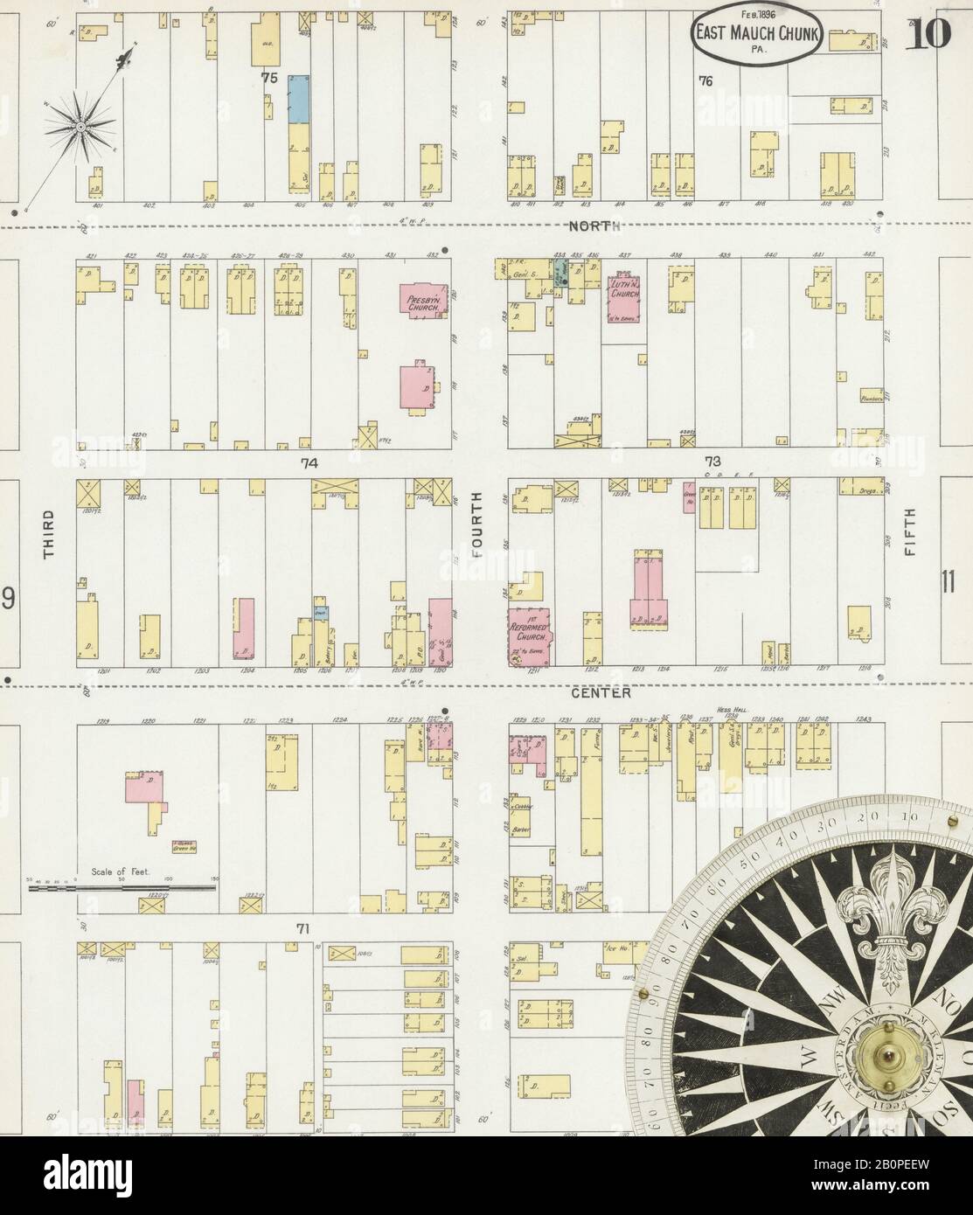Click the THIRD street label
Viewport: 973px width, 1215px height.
pos(49,534)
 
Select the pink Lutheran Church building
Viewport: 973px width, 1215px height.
pos(624,302)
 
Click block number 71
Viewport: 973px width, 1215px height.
pos(303,928)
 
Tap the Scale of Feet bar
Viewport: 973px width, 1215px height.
pos(122,888)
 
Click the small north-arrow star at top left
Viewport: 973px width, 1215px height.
pos(80,128)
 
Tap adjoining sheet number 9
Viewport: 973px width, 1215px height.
pos(8,599)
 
